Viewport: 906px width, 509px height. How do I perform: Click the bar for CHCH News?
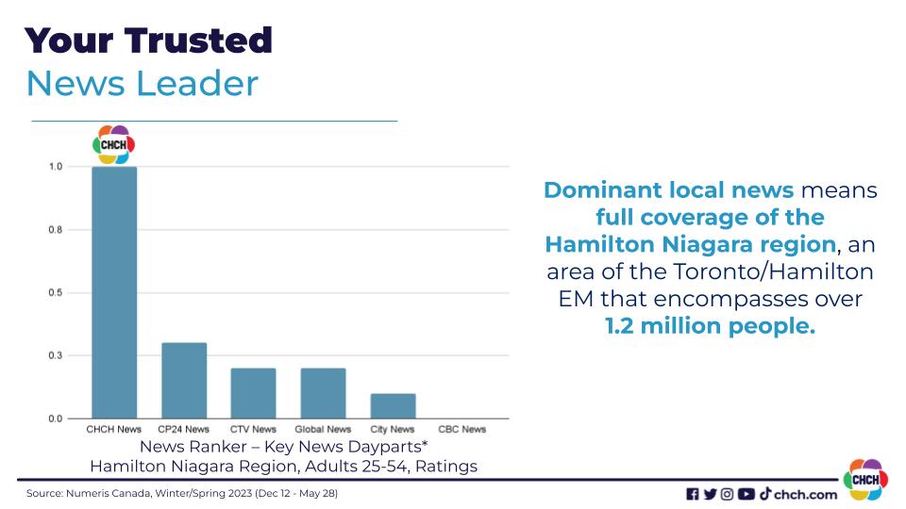pyautogui.click(x=114, y=292)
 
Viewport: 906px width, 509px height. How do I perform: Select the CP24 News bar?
pyautogui.click(x=184, y=380)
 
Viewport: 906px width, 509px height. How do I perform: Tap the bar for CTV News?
pyautogui.click(x=253, y=393)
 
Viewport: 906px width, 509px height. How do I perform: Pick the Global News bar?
pyautogui.click(x=323, y=393)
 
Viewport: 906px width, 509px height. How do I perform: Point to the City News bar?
pyautogui.click(x=393, y=405)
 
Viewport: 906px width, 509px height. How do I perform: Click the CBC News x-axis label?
pyautogui.click(x=462, y=430)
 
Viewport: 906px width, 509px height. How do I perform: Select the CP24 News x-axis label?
pyautogui.click(x=184, y=430)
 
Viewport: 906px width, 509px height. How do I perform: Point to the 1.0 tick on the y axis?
pyautogui.click(x=56, y=167)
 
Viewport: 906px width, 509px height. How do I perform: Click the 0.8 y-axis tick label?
pyautogui.click(x=56, y=230)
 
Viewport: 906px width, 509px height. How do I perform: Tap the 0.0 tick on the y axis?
pyautogui.click(x=56, y=419)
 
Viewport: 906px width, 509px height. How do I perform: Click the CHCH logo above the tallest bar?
pyautogui.click(x=114, y=144)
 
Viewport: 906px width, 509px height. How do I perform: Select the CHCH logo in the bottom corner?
pyautogui.click(x=865, y=480)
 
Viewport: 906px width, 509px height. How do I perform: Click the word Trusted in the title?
pyautogui.click(x=198, y=41)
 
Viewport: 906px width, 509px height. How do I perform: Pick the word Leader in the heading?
pyautogui.click(x=196, y=83)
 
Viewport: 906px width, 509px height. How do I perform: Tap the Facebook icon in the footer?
pyautogui.click(x=692, y=494)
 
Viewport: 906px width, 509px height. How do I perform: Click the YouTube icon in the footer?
pyautogui.click(x=746, y=494)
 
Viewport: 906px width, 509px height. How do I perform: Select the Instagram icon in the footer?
pyautogui.click(x=728, y=494)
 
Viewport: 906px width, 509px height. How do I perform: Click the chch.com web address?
pyautogui.click(x=805, y=495)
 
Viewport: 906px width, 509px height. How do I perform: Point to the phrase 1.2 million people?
pyautogui.click(x=710, y=326)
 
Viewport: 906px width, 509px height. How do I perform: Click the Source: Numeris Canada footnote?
pyautogui.click(x=182, y=493)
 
